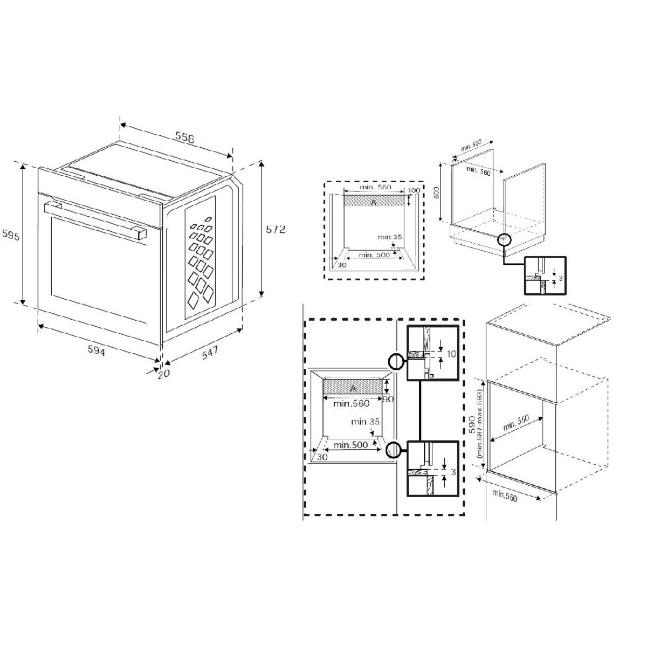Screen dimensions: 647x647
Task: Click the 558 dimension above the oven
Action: tap(184, 137)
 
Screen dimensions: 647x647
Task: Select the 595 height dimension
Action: tap(10, 236)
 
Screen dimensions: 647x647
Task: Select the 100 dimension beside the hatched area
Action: tap(414, 191)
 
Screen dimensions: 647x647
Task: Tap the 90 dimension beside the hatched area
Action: tap(387, 400)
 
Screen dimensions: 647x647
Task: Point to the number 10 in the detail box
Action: tap(451, 354)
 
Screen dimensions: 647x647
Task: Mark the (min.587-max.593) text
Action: tap(479, 425)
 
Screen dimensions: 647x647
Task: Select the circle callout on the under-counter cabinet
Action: tap(504, 239)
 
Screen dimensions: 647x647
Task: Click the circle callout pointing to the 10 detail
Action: tap(395, 361)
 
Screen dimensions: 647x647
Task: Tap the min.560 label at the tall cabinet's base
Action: tap(504, 495)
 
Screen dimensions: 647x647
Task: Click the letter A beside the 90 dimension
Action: tap(353, 388)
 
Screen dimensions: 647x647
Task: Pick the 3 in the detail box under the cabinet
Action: tap(561, 278)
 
